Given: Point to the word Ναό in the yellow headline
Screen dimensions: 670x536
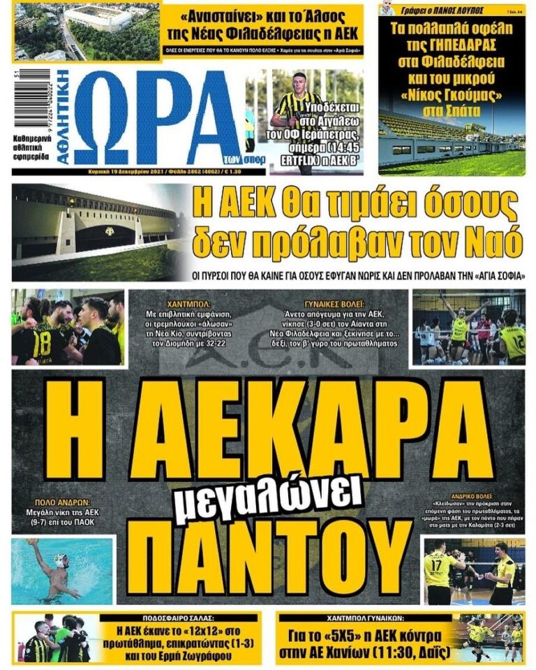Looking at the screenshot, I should click(494, 243).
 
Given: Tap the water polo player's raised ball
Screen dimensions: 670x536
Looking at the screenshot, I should click(31, 541).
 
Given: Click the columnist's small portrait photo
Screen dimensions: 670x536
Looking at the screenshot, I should click(386, 9).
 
